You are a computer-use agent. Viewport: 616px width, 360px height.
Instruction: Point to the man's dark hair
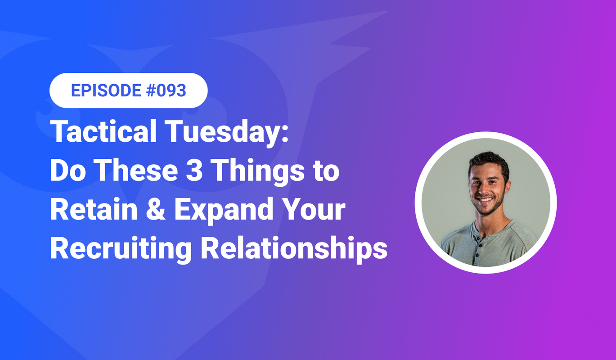pyautogui.click(x=489, y=161)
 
